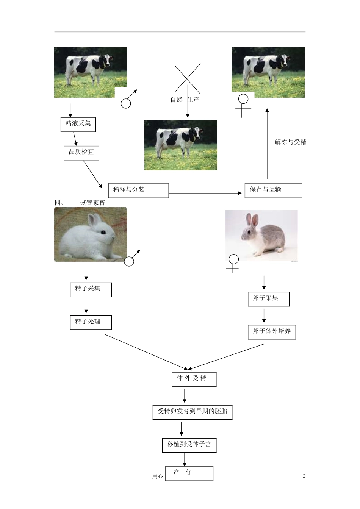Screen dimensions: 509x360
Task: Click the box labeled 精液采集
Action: pos(78,124)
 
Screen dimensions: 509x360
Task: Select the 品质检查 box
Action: pos(81,152)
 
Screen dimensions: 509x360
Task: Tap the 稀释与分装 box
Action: pos(138,190)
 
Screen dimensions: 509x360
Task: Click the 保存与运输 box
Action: pos(273,190)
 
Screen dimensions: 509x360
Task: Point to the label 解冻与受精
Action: pos(290,142)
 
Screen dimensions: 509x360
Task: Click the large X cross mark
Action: pos(188,78)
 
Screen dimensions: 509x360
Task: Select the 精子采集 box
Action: pos(91,289)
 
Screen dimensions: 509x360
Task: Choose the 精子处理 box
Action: pos(91,322)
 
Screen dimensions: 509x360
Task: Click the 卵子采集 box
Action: pos(268,299)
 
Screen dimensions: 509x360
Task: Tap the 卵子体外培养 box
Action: pos(271,332)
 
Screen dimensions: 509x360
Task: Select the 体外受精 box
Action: pos(194,379)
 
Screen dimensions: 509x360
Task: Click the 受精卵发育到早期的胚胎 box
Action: pos(193,412)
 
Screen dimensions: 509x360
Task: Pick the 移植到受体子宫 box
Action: pos(189,445)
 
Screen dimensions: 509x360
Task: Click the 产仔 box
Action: pos(189,473)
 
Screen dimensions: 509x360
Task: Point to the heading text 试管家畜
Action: pos(92,203)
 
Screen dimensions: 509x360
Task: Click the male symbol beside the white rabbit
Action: pos(131,259)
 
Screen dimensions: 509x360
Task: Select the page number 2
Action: pos(304,476)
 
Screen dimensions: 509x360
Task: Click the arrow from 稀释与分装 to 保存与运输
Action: pos(205,193)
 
